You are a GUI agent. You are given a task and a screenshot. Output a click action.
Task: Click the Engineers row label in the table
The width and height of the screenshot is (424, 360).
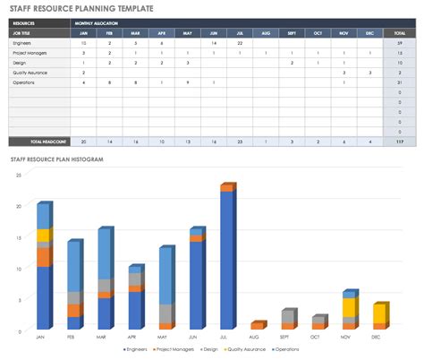[x=23, y=43]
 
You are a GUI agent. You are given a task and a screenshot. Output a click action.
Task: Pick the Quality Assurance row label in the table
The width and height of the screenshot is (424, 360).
[x=30, y=72]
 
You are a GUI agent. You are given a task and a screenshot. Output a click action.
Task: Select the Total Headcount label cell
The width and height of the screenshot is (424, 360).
[x=38, y=141]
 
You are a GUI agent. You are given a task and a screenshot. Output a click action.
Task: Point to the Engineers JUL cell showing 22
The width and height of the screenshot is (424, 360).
[x=240, y=43]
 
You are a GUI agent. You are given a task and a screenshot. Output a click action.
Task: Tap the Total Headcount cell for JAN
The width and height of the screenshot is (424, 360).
[x=83, y=141]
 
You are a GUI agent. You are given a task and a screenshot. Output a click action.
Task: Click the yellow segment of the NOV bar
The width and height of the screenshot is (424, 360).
[x=350, y=308]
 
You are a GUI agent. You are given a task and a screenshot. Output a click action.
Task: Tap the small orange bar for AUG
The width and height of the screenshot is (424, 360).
[x=257, y=326]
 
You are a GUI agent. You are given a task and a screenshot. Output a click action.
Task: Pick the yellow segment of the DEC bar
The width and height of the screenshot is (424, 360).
[x=379, y=313]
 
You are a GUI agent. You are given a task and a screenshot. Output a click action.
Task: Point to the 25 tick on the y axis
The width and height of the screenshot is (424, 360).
[x=19, y=175]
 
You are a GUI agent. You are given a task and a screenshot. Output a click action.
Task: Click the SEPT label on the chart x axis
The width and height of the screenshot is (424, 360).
[x=288, y=337]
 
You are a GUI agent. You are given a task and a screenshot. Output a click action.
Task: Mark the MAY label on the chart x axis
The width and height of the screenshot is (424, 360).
[x=166, y=337]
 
